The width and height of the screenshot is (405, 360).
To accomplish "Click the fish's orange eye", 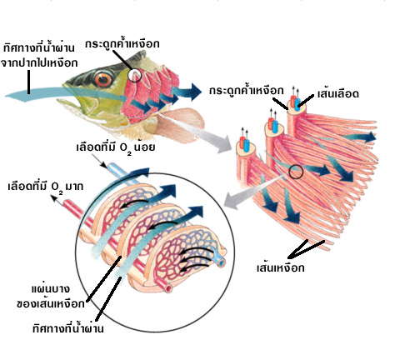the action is pyautogui.click(x=103, y=79).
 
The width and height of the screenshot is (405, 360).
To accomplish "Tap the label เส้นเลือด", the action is pyautogui.click(x=338, y=93).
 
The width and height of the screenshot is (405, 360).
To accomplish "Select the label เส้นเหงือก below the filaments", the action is pyautogui.click(x=281, y=267).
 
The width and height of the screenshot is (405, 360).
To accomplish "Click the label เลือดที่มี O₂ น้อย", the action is pyautogui.click(x=116, y=147).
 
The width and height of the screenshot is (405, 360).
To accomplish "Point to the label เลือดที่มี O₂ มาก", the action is pyautogui.click(x=46, y=187).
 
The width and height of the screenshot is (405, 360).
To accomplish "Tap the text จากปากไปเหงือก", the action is pyautogui.click(x=39, y=63).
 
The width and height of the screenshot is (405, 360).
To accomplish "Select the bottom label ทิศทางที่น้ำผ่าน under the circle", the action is pyautogui.click(x=68, y=328).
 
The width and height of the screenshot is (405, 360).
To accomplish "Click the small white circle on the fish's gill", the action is pyautogui.click(x=135, y=75).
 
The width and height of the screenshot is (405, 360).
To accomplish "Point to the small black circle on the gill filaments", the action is pyautogui.click(x=296, y=172).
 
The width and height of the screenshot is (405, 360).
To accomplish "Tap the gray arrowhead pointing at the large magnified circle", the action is pyautogui.click(x=232, y=201).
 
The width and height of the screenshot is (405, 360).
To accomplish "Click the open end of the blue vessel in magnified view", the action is pyautogui.click(x=221, y=262).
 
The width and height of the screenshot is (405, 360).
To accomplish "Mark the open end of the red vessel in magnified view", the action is pyautogui.click(x=168, y=288).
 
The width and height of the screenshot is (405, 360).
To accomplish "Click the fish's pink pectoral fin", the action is pyautogui.click(x=182, y=122).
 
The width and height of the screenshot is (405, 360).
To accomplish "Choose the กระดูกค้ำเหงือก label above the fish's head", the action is pyautogui.click(x=122, y=44).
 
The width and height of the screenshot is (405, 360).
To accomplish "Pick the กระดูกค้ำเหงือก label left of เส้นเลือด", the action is pyautogui.click(x=247, y=90).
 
